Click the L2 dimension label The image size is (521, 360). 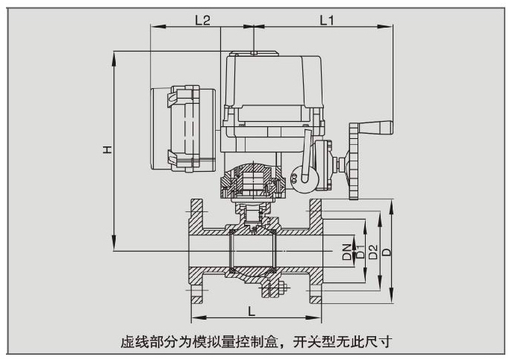(202, 20)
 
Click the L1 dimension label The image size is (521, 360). (326, 20)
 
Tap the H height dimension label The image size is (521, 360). (107, 150)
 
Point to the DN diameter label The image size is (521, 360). (346, 252)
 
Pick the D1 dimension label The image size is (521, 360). (359, 252)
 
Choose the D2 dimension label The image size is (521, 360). (372, 252)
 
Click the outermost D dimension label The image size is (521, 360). (386, 252)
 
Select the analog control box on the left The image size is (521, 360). (184, 128)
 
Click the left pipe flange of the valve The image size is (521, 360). (195, 252)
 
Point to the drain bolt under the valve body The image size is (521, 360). (274, 288)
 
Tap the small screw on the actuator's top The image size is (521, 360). (255, 52)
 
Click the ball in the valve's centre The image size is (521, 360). (254, 251)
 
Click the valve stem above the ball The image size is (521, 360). (254, 217)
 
